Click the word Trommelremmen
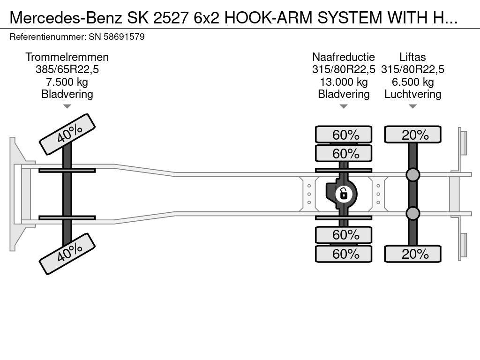67,57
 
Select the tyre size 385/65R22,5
67,69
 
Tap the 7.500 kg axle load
67,82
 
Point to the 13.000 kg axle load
344,82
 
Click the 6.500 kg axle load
412,82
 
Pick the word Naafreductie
344,57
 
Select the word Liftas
412,57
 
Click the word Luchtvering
412,94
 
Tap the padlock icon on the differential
344,193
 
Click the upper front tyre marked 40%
67,135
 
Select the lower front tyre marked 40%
67,254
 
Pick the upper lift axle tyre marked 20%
412,135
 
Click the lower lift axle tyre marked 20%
412,254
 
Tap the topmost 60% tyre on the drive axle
344,135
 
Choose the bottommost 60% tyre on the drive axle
344,254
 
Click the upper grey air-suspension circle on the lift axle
412,175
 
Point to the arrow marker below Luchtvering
412,106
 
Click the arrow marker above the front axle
67,106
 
